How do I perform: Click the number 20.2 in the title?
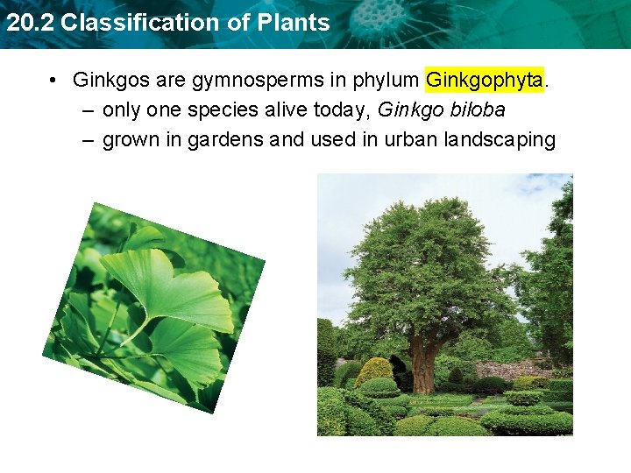[29, 23]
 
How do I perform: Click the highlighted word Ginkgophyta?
[484, 81]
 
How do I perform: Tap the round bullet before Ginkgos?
[54, 81]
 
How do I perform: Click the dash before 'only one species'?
[90, 110]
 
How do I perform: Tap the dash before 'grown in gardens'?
[90, 140]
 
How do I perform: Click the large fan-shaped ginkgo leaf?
[175, 289]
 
